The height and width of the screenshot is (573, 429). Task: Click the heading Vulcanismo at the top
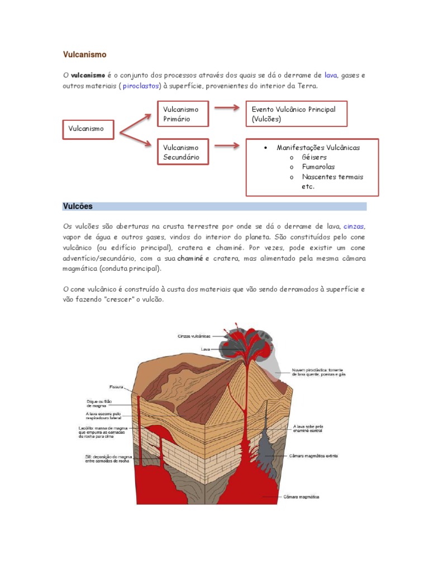click(84, 55)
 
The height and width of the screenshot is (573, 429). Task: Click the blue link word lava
click(331, 75)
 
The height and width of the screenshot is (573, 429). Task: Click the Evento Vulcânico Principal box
click(297, 114)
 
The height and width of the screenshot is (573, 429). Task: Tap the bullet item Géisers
click(314, 157)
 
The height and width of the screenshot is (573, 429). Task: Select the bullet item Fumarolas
click(318, 167)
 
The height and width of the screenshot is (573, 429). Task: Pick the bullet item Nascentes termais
click(332, 177)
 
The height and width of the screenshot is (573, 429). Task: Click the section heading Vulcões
click(78, 206)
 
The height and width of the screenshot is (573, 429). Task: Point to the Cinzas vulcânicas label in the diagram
click(194, 336)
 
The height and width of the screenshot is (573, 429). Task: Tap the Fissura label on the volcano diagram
click(116, 387)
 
